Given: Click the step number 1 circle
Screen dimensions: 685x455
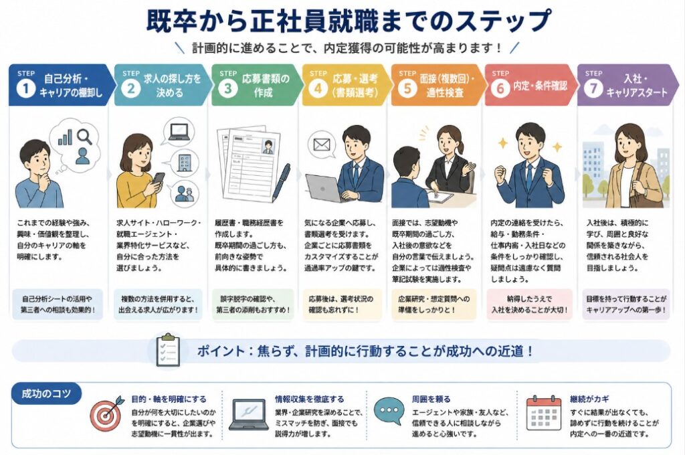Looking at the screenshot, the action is click(x=25, y=89).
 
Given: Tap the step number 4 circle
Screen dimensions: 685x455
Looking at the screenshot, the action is click(x=318, y=89).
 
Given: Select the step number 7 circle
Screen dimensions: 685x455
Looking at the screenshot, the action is click(x=593, y=89).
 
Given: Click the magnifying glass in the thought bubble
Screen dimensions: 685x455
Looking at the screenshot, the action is click(x=84, y=136).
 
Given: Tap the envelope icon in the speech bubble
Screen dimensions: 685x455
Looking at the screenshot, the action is click(x=321, y=145).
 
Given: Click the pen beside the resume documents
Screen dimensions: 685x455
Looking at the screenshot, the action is click(x=282, y=182).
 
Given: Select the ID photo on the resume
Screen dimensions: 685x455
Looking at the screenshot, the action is click(x=268, y=147).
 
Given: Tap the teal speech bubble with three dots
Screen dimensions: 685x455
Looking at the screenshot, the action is click(x=389, y=412).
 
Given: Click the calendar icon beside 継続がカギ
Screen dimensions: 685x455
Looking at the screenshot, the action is click(x=543, y=414).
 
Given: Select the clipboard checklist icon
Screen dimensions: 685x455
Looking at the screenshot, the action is click(x=168, y=350).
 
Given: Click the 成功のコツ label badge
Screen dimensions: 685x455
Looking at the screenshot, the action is click(x=46, y=394).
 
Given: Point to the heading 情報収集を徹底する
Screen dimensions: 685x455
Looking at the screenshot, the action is click(x=309, y=399).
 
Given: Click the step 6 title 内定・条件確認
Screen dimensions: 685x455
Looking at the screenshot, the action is click(x=540, y=86).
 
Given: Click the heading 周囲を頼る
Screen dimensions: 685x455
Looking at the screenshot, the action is click(x=431, y=399).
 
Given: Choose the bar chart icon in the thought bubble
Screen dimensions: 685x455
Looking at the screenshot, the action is click(x=65, y=136).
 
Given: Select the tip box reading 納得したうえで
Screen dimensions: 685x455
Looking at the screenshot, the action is click(x=529, y=304).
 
